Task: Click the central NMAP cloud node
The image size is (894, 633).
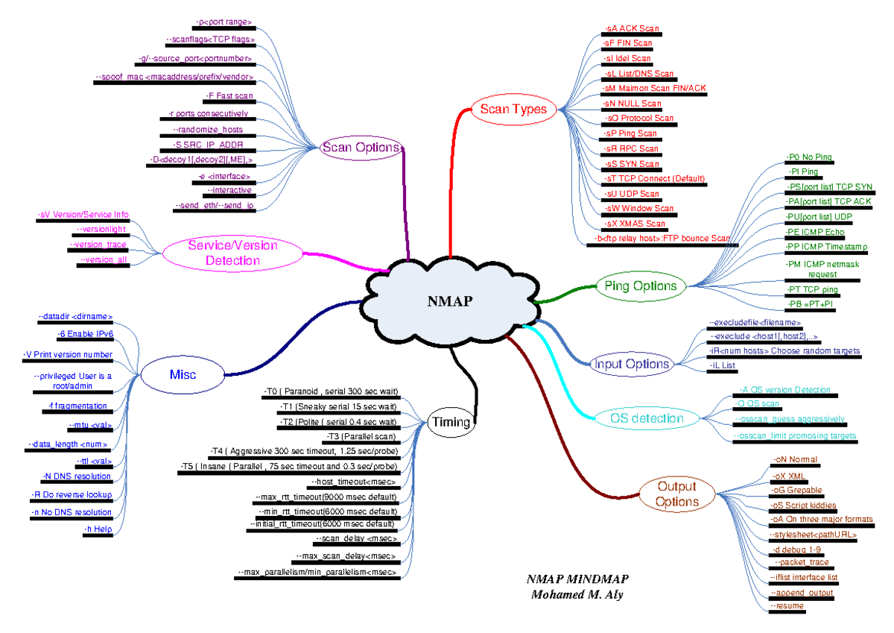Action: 449,300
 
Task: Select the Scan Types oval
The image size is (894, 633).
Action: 513,109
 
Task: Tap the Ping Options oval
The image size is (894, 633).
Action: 640,286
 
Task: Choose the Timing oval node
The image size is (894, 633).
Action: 451,422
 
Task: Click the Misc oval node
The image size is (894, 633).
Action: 183,374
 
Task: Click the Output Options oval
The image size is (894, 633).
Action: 676,494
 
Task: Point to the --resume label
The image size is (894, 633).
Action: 787,606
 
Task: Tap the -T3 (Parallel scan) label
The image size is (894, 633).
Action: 361,436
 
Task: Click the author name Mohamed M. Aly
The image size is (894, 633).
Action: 577,594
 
